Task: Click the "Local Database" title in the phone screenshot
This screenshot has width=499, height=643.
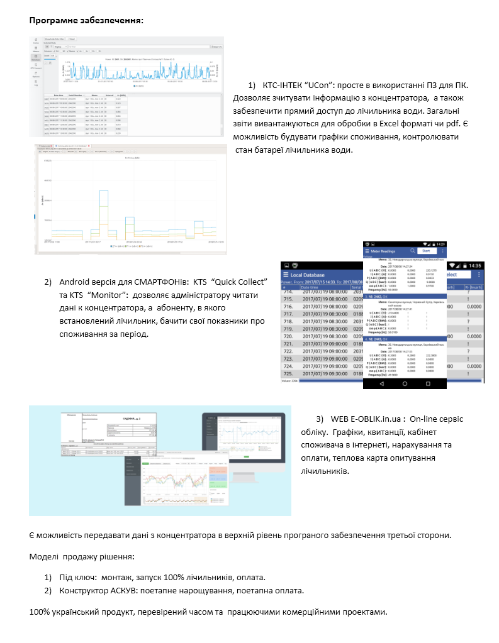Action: click(316, 275)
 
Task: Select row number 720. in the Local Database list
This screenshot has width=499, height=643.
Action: click(289, 336)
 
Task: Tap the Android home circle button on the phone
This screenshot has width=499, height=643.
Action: click(405, 383)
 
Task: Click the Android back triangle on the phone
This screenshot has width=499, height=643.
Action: click(382, 383)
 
